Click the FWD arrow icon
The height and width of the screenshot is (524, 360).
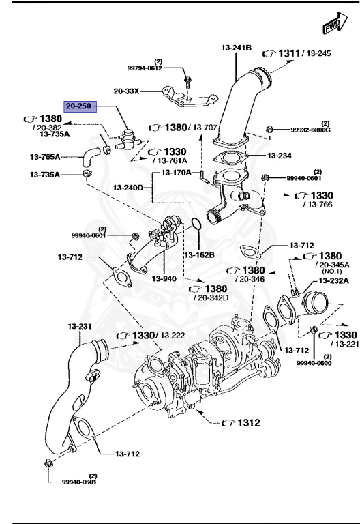click(331, 25)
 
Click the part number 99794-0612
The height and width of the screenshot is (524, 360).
click(145, 68)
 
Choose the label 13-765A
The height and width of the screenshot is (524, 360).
click(44, 156)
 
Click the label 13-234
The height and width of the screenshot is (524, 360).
click(280, 156)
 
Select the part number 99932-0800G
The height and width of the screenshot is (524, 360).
click(310, 130)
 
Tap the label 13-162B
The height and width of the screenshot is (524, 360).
click(198, 255)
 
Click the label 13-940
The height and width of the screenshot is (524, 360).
click(164, 278)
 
